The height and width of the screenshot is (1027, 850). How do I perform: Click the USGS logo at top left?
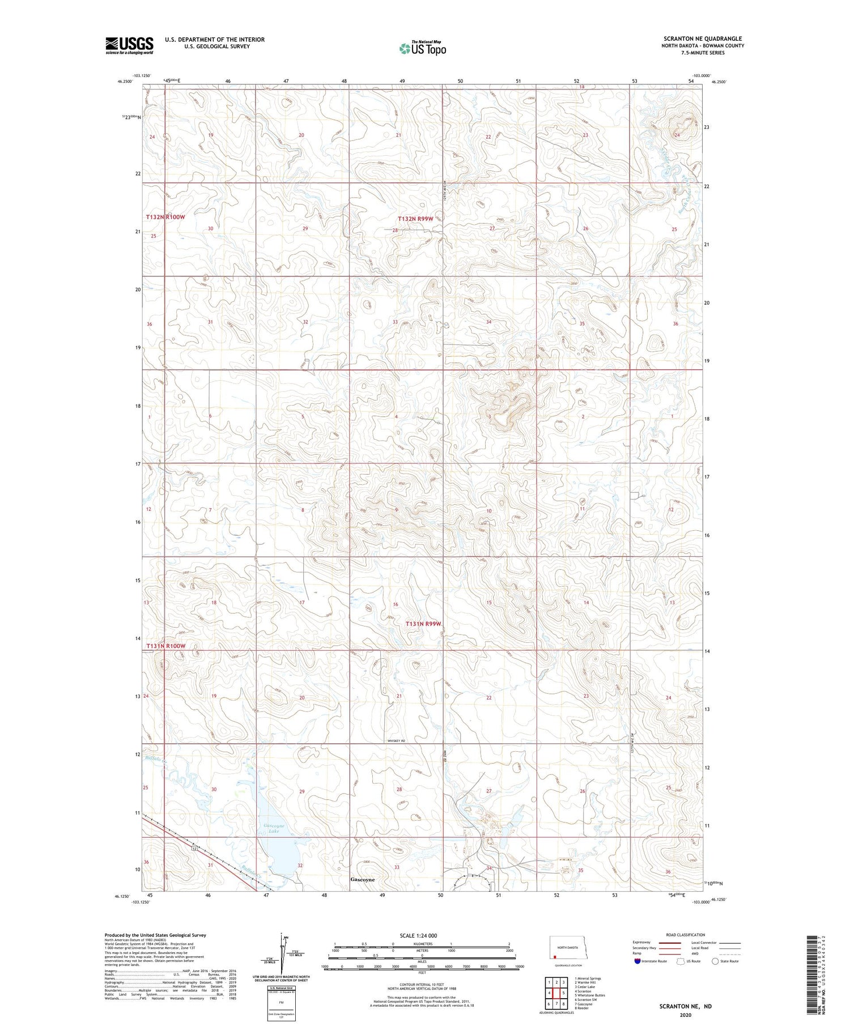coord(129,45)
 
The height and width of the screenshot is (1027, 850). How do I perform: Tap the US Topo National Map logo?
coord(423,48)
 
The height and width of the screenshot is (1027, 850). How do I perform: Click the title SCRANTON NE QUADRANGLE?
coord(703,39)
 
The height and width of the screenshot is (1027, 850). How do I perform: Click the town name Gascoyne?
coord(363,880)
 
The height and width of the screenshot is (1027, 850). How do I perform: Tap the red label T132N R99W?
coord(415,219)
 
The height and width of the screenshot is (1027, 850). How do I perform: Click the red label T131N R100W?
coord(166,646)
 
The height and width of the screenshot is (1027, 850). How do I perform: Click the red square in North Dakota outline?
coord(555,957)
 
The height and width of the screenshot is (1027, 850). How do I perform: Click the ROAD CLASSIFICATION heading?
coord(686,935)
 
